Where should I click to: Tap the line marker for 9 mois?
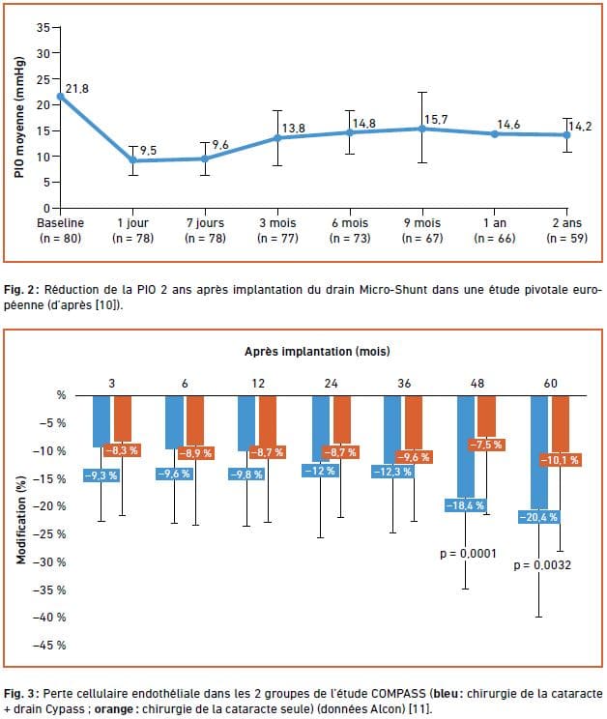(421, 129)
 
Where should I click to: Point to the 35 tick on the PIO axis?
(42, 27)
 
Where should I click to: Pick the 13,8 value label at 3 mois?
(295, 128)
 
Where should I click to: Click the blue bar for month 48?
(466, 445)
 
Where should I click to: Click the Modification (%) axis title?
(21, 520)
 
